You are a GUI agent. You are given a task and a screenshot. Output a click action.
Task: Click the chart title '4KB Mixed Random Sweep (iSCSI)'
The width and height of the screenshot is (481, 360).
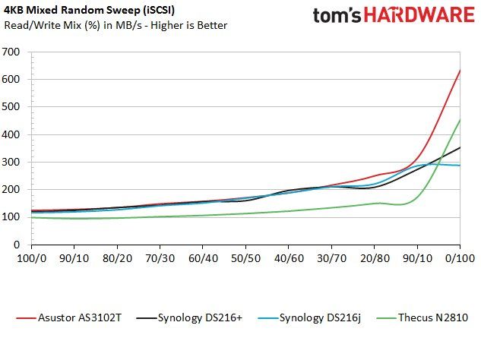tap(89, 10)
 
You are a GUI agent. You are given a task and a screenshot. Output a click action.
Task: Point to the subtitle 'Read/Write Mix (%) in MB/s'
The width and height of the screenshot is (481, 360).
tap(73, 25)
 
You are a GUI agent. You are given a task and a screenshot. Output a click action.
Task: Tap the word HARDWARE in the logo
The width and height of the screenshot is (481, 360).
tap(419, 14)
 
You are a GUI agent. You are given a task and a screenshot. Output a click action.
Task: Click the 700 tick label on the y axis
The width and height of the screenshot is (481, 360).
tap(11, 52)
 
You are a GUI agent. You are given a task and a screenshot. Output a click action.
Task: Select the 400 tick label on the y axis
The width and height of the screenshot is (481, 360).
tap(11, 134)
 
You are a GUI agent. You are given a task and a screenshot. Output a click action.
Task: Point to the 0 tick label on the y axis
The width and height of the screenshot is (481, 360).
tap(17, 245)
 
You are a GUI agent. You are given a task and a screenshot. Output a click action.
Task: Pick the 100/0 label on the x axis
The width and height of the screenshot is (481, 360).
tap(32, 258)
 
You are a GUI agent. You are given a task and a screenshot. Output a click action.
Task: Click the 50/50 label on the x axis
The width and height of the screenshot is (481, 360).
tap(245, 258)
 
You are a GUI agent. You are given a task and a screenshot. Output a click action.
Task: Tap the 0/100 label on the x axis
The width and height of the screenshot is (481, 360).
tap(460, 258)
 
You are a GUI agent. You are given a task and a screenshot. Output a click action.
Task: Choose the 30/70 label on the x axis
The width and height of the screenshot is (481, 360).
tap(331, 258)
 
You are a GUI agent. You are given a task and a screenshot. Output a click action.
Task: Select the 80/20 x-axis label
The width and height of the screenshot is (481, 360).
tap(117, 258)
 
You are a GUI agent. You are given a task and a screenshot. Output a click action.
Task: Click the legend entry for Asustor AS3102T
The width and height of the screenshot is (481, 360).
tap(68, 317)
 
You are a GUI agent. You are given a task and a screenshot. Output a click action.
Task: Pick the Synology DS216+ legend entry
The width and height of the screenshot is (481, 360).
tap(189, 317)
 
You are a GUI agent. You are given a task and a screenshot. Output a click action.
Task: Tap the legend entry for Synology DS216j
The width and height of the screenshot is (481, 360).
tap(309, 317)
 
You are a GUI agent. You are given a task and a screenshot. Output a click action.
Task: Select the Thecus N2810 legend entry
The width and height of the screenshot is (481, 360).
tap(422, 317)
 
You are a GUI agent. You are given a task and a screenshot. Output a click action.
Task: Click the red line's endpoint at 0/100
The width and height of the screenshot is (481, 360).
tap(460, 70)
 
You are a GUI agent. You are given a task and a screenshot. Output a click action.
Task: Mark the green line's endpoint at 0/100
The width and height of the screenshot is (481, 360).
tap(460, 119)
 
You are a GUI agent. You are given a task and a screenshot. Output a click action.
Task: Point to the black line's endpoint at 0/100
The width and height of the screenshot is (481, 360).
tap(460, 147)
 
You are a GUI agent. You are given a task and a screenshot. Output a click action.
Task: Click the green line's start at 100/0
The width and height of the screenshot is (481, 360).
tap(32, 217)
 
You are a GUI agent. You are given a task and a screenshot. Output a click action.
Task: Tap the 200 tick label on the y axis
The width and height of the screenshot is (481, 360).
tap(11, 190)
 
